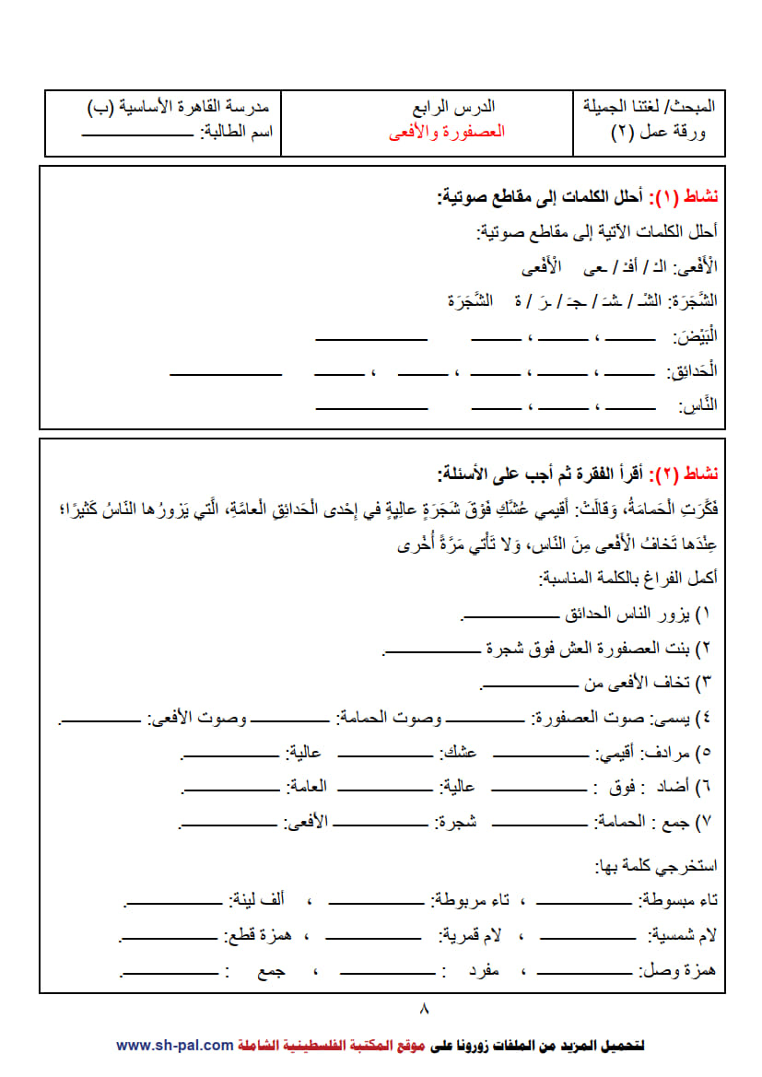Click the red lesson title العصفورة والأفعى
tap(447, 132)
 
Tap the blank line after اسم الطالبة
tap(137, 135)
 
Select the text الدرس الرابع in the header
tap(457, 107)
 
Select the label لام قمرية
tap(470, 936)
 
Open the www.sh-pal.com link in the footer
tap(174, 1045)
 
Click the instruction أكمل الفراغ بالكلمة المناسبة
tap(627, 579)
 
